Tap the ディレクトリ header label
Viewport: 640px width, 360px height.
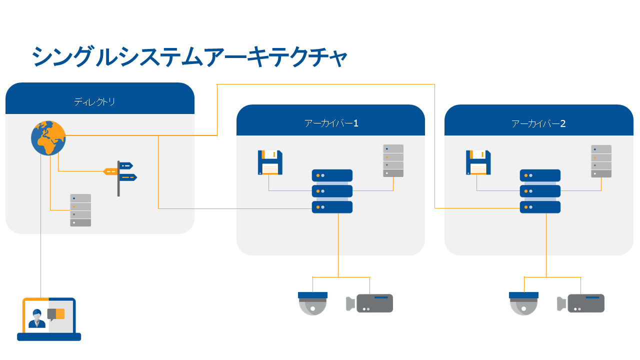(x=94, y=102)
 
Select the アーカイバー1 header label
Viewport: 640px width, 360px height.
(x=331, y=123)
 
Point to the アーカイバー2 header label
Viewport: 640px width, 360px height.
(x=538, y=123)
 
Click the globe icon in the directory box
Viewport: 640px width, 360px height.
(x=48, y=137)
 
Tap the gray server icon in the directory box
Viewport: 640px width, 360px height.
(x=80, y=210)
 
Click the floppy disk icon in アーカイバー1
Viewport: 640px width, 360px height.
(x=270, y=162)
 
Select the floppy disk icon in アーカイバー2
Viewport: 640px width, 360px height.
(x=478, y=162)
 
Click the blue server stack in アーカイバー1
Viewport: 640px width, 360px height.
(x=332, y=191)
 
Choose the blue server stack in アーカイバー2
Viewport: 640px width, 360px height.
(x=540, y=191)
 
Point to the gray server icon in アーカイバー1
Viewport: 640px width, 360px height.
(x=393, y=160)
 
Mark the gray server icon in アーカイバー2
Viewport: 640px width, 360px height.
(x=601, y=161)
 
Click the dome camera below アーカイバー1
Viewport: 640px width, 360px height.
(x=312, y=303)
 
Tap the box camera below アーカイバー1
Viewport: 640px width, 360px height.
(x=369, y=303)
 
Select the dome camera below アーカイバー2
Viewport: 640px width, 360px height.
(x=523, y=303)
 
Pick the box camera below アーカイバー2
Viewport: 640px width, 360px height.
(x=581, y=303)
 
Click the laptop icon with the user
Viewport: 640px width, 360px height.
(x=49, y=320)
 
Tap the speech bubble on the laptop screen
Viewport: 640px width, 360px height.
(x=56, y=314)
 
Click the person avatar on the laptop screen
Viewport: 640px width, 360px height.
(x=36, y=319)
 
